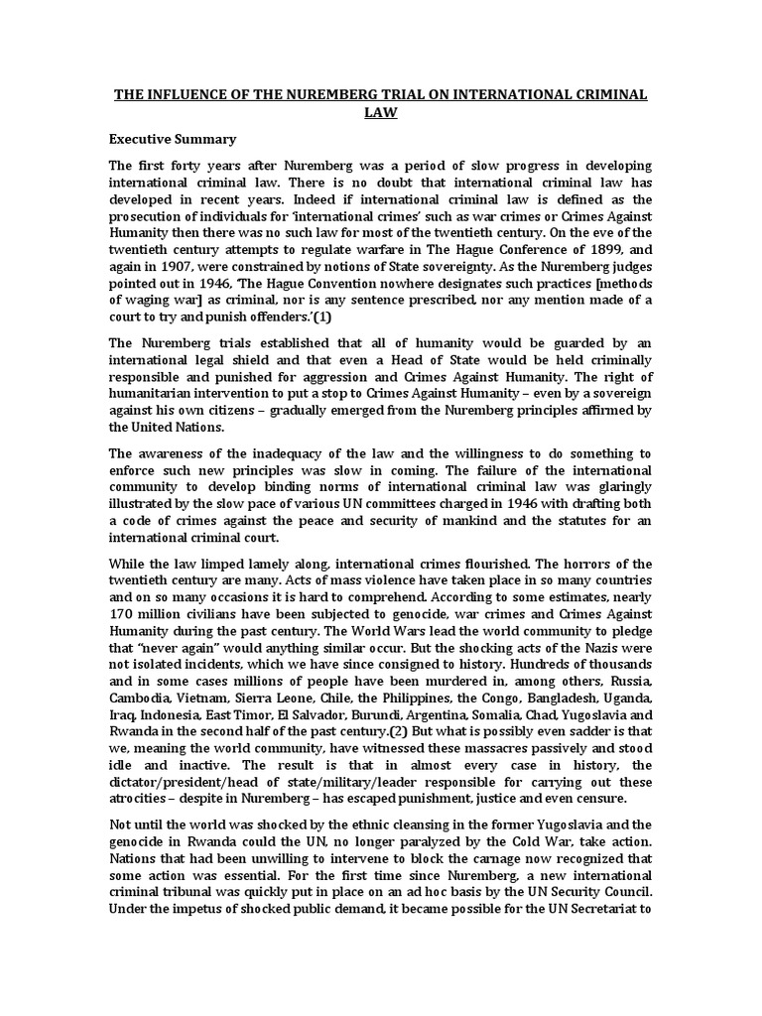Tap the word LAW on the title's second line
coord(381,113)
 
